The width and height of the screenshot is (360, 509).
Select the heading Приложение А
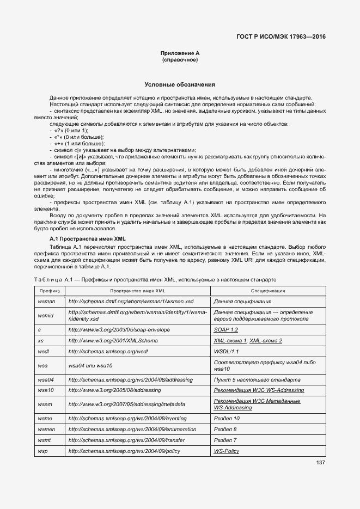tap(180, 53)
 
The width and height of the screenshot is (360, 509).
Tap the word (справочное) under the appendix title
tap(180, 59)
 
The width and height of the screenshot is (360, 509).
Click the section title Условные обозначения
tap(180, 85)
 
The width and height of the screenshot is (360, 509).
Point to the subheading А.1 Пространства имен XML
tap(87, 239)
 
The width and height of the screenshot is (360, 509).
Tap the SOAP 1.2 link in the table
tap(226, 330)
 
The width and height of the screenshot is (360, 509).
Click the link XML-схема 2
tap(266, 340)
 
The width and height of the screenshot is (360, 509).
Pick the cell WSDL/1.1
tap(227, 351)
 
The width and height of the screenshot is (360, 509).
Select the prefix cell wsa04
tap(46, 379)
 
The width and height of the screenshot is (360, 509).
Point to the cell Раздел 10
tap(227, 418)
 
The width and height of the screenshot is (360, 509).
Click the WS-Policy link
tap(227, 451)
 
